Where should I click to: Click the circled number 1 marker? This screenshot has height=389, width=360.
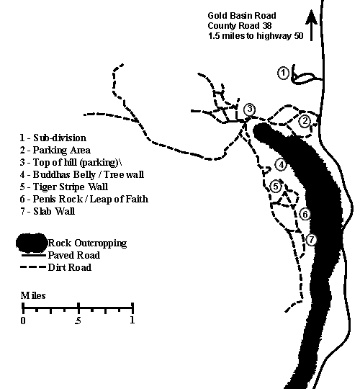tap(283, 73)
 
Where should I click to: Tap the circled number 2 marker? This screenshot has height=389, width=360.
tap(305, 121)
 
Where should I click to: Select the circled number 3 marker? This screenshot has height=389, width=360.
tap(249, 109)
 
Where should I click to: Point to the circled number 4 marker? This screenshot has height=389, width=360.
tap(281, 165)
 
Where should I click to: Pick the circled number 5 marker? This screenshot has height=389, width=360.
tap(276, 187)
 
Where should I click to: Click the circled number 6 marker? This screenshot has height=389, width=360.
tap(305, 215)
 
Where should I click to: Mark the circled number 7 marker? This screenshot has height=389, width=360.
tap(312, 240)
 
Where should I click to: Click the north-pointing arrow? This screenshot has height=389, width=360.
tap(312, 25)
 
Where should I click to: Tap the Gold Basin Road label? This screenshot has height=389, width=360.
tap(242, 16)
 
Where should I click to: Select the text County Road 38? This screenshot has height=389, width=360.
tap(240, 26)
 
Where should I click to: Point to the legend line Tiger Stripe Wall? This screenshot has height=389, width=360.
tap(64, 187)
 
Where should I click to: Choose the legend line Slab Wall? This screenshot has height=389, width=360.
tap(48, 211)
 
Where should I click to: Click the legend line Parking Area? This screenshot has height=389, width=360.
tap(55, 150)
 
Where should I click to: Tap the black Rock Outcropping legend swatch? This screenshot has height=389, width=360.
tap(32, 243)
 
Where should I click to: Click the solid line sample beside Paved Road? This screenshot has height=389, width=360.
tap(34, 255)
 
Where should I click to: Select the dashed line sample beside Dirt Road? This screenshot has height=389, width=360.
tap(33, 267)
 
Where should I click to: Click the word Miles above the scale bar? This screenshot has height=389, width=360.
tap(33, 295)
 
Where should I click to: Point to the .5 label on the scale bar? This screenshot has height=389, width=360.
tap(78, 321)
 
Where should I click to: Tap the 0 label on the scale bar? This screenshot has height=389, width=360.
tap(23, 321)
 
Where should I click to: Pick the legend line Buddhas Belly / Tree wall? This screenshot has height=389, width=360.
tap(82, 174)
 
